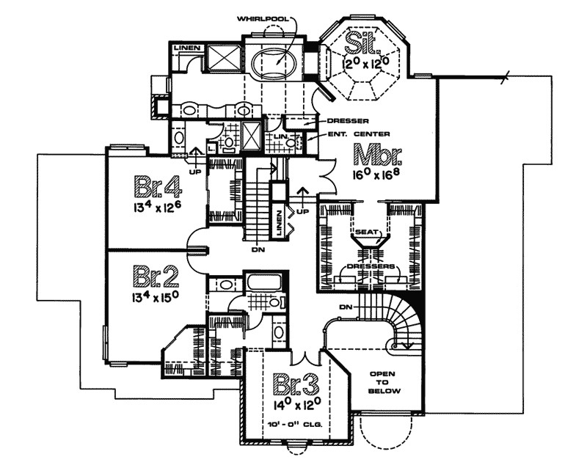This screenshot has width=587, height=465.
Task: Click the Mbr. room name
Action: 379,157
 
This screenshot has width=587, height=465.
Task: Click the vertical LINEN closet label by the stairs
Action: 279,222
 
